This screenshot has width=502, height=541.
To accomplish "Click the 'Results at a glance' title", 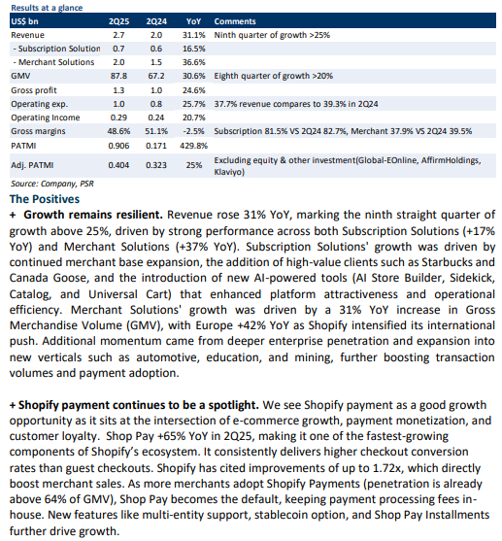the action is [47, 8].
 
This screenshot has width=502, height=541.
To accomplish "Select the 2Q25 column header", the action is [119, 21].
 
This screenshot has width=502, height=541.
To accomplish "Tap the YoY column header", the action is [193, 21].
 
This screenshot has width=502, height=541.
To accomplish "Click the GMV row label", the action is [20, 76].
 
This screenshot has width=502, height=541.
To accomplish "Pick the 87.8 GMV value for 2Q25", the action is [118, 76].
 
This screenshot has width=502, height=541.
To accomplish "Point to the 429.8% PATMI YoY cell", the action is [193, 146].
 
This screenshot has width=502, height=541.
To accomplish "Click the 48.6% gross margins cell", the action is [118, 131].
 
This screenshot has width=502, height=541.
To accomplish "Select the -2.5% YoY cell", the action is [193, 131].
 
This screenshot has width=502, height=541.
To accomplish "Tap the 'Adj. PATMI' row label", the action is [32, 165].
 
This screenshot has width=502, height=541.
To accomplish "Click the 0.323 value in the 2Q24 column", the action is [156, 165].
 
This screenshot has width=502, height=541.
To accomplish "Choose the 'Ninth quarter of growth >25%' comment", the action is [272, 35].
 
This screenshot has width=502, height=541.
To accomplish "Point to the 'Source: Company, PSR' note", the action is [52, 184].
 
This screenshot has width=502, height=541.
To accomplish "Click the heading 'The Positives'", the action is [45, 199].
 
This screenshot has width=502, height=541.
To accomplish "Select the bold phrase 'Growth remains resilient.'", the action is [93, 215].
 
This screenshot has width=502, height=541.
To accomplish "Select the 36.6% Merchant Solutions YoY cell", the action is [193, 62].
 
